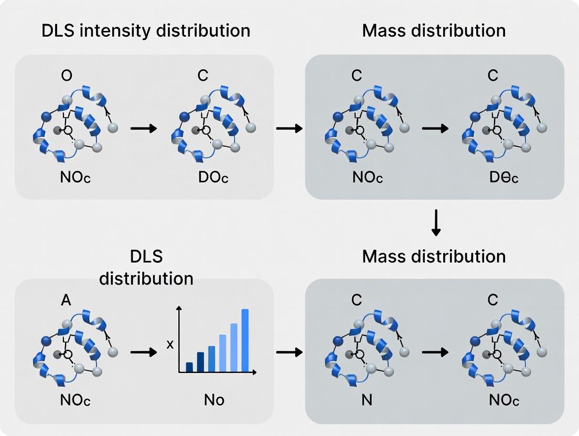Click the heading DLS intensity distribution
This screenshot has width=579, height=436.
tap(146, 30)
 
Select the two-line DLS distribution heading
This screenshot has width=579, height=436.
tap(146, 267)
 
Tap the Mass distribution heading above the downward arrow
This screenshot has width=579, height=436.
tap(434, 30)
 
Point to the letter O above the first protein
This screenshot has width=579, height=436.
tap(67, 75)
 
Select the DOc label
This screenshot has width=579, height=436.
tap(213, 177)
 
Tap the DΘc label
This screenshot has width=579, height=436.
tap(503, 177)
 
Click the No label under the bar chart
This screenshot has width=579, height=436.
tap(213, 400)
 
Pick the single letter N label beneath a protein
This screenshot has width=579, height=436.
tap(367, 400)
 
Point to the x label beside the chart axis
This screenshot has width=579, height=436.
tap(169, 344)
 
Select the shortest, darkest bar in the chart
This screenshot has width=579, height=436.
tap(189, 366)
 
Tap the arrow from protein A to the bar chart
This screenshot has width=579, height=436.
tap(143, 352)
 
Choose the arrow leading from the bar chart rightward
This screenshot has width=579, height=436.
tap(289, 352)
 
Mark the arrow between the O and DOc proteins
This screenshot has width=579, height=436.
tap(143, 128)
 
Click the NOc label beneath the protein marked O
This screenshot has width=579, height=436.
tap(76, 177)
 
